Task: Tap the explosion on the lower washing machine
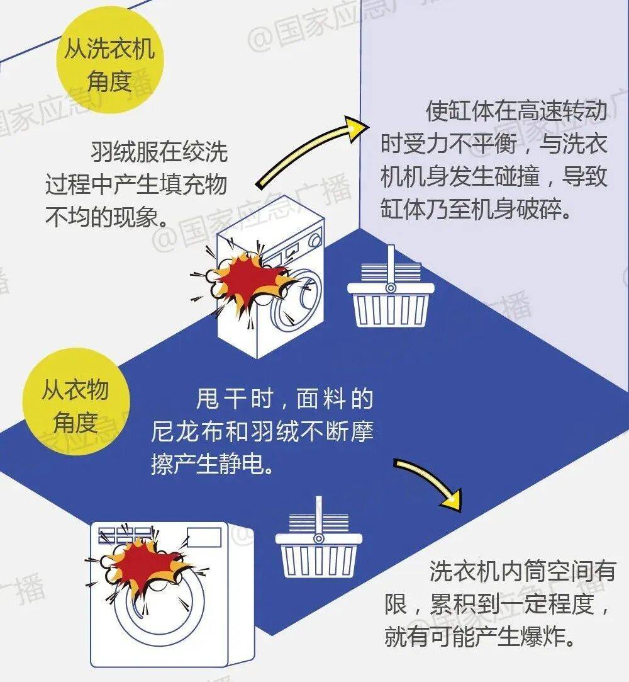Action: pos(148,564)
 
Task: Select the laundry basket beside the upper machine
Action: pos(391,296)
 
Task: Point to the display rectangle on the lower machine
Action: pos(203,537)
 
